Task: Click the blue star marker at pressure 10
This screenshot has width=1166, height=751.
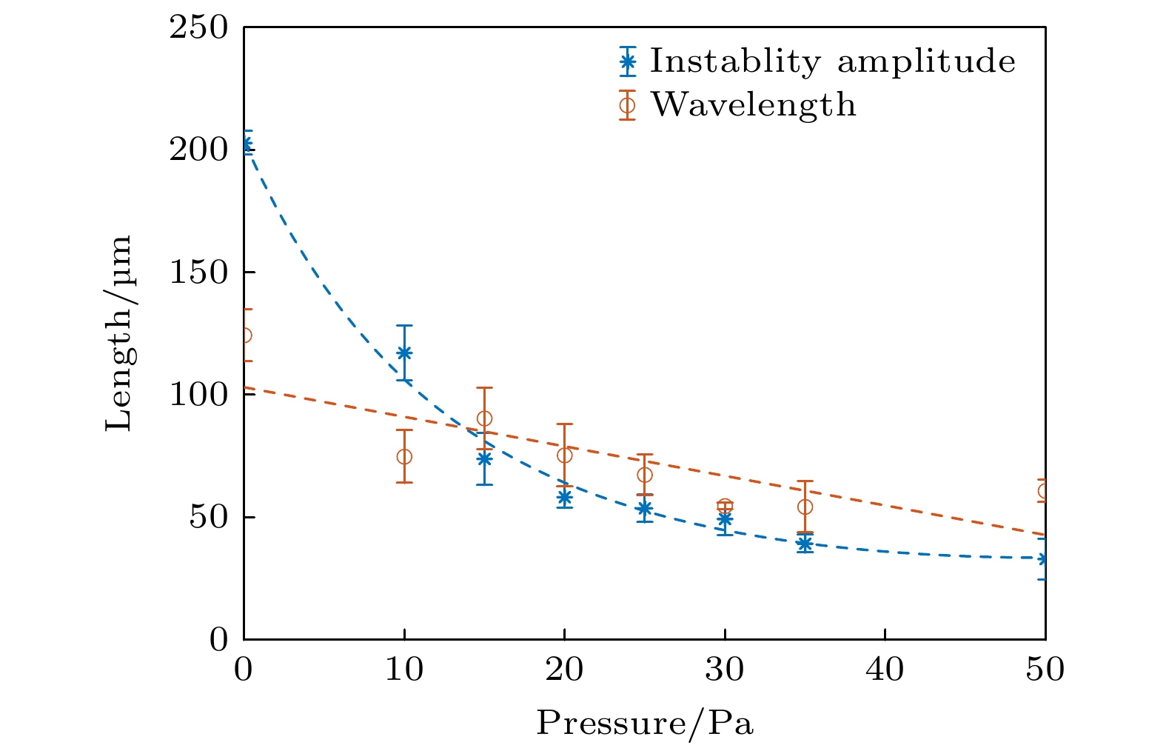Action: (x=404, y=353)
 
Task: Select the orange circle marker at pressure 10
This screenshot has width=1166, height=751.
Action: (x=404, y=456)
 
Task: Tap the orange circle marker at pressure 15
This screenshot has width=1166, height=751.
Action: (x=484, y=418)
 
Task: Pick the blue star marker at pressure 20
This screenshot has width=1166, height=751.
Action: (x=564, y=497)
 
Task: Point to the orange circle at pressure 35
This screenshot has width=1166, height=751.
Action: (x=805, y=507)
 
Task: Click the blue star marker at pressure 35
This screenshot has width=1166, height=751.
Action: (x=805, y=544)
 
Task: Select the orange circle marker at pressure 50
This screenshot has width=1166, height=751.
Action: (x=1044, y=491)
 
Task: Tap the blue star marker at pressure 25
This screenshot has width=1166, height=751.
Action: (x=645, y=508)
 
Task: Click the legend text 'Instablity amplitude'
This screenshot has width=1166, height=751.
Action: (x=832, y=61)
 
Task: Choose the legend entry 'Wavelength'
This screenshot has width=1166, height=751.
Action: (x=753, y=105)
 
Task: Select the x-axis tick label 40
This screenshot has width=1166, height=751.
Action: (x=885, y=670)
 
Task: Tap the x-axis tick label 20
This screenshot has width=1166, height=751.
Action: (x=564, y=670)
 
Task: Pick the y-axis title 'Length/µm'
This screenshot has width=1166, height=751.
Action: (x=119, y=333)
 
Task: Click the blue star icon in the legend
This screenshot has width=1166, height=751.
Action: (x=628, y=62)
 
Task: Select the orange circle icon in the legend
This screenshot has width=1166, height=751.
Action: (x=628, y=105)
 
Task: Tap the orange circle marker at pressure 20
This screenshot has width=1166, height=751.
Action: (x=564, y=455)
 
